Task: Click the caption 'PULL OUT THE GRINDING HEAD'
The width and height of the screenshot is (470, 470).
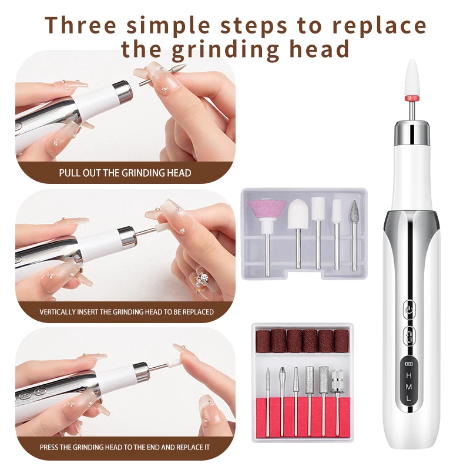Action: [x=125, y=173]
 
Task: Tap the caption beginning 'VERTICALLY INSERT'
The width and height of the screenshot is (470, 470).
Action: [x=126, y=311]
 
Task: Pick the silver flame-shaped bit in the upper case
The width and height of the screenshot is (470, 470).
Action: [x=354, y=211]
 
